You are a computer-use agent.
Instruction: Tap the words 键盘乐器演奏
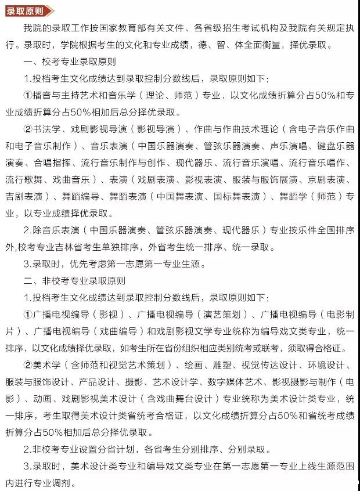pyautogui.click(x=329, y=145)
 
